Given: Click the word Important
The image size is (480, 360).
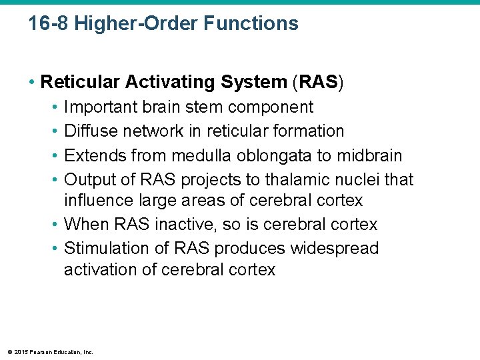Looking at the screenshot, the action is pos(102,107).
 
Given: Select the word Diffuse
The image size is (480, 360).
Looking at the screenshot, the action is pos(89,131).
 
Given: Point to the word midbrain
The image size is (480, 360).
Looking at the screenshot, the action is pos(369,156).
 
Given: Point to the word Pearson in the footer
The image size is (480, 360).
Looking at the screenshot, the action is pos(39,351).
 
